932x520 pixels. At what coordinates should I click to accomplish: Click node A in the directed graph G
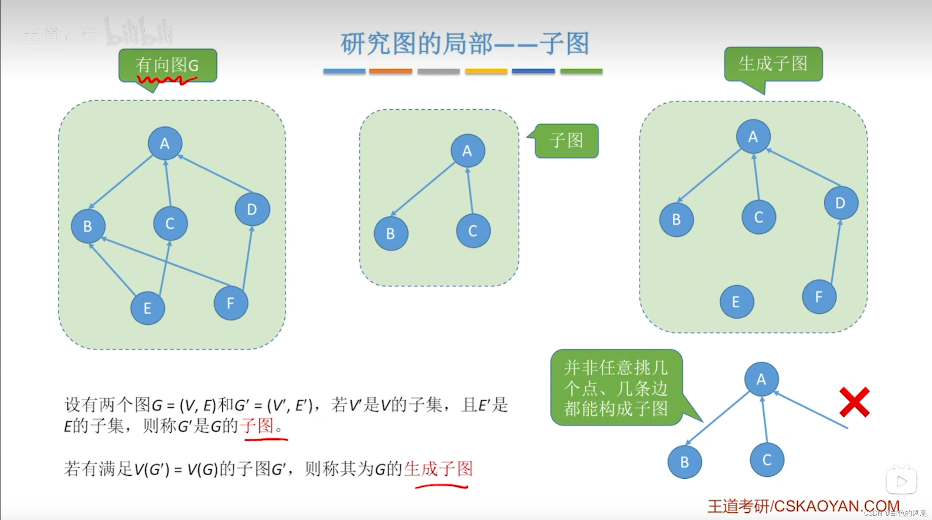click(x=165, y=143)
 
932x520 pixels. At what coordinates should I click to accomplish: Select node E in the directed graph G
click(x=148, y=308)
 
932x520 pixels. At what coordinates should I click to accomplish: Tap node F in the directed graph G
click(x=231, y=303)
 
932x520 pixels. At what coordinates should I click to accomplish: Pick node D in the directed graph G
click(x=252, y=209)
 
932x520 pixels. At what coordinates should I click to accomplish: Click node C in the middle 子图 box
click(x=473, y=231)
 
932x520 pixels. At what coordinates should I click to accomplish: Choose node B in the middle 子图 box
click(x=391, y=233)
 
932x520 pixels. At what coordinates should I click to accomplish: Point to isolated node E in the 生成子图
click(x=736, y=302)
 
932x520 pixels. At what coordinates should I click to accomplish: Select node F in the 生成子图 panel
click(x=819, y=296)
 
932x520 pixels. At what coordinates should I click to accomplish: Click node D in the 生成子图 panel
click(x=841, y=203)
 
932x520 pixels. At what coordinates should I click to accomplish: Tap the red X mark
click(x=854, y=402)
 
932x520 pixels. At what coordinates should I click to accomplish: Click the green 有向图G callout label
click(x=168, y=66)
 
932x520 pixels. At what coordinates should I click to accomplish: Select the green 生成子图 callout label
click(x=773, y=64)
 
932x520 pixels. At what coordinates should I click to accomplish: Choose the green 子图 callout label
click(x=567, y=141)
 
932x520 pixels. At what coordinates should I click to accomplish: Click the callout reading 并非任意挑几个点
click(x=616, y=387)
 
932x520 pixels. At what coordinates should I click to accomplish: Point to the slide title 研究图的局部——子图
click(x=465, y=44)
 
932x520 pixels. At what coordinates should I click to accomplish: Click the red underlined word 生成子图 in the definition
click(x=439, y=469)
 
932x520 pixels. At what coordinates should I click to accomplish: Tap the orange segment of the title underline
click(x=390, y=71)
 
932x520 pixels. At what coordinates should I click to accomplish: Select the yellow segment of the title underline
click(x=486, y=71)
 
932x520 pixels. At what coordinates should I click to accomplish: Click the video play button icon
click(x=901, y=481)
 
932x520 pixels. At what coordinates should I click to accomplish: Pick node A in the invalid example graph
click(x=761, y=379)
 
